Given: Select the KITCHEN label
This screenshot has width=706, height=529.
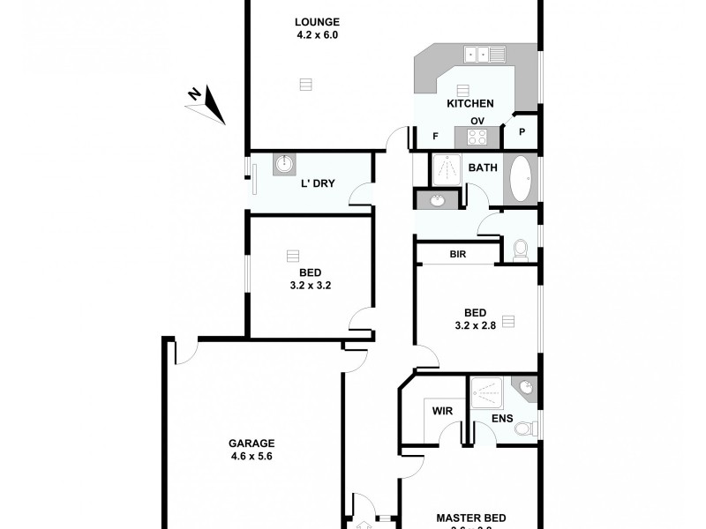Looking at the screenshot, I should (469, 104).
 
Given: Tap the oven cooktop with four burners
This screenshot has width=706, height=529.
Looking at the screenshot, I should (477, 137).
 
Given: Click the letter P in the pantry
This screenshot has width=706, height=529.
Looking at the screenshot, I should (522, 132).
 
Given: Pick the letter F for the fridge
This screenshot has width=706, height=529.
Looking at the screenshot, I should (435, 136).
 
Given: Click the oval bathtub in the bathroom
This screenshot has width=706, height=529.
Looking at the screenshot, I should (519, 179).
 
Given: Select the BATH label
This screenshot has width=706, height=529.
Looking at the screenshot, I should (483, 168).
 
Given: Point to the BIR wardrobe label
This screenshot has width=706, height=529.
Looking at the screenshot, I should (457, 254).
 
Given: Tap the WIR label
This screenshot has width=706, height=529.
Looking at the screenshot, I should (442, 410).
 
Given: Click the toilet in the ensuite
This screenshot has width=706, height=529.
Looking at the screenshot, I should (525, 429).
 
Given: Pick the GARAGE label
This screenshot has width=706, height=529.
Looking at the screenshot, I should (252, 443).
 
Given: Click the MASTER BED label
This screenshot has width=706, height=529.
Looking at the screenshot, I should (471, 518).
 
